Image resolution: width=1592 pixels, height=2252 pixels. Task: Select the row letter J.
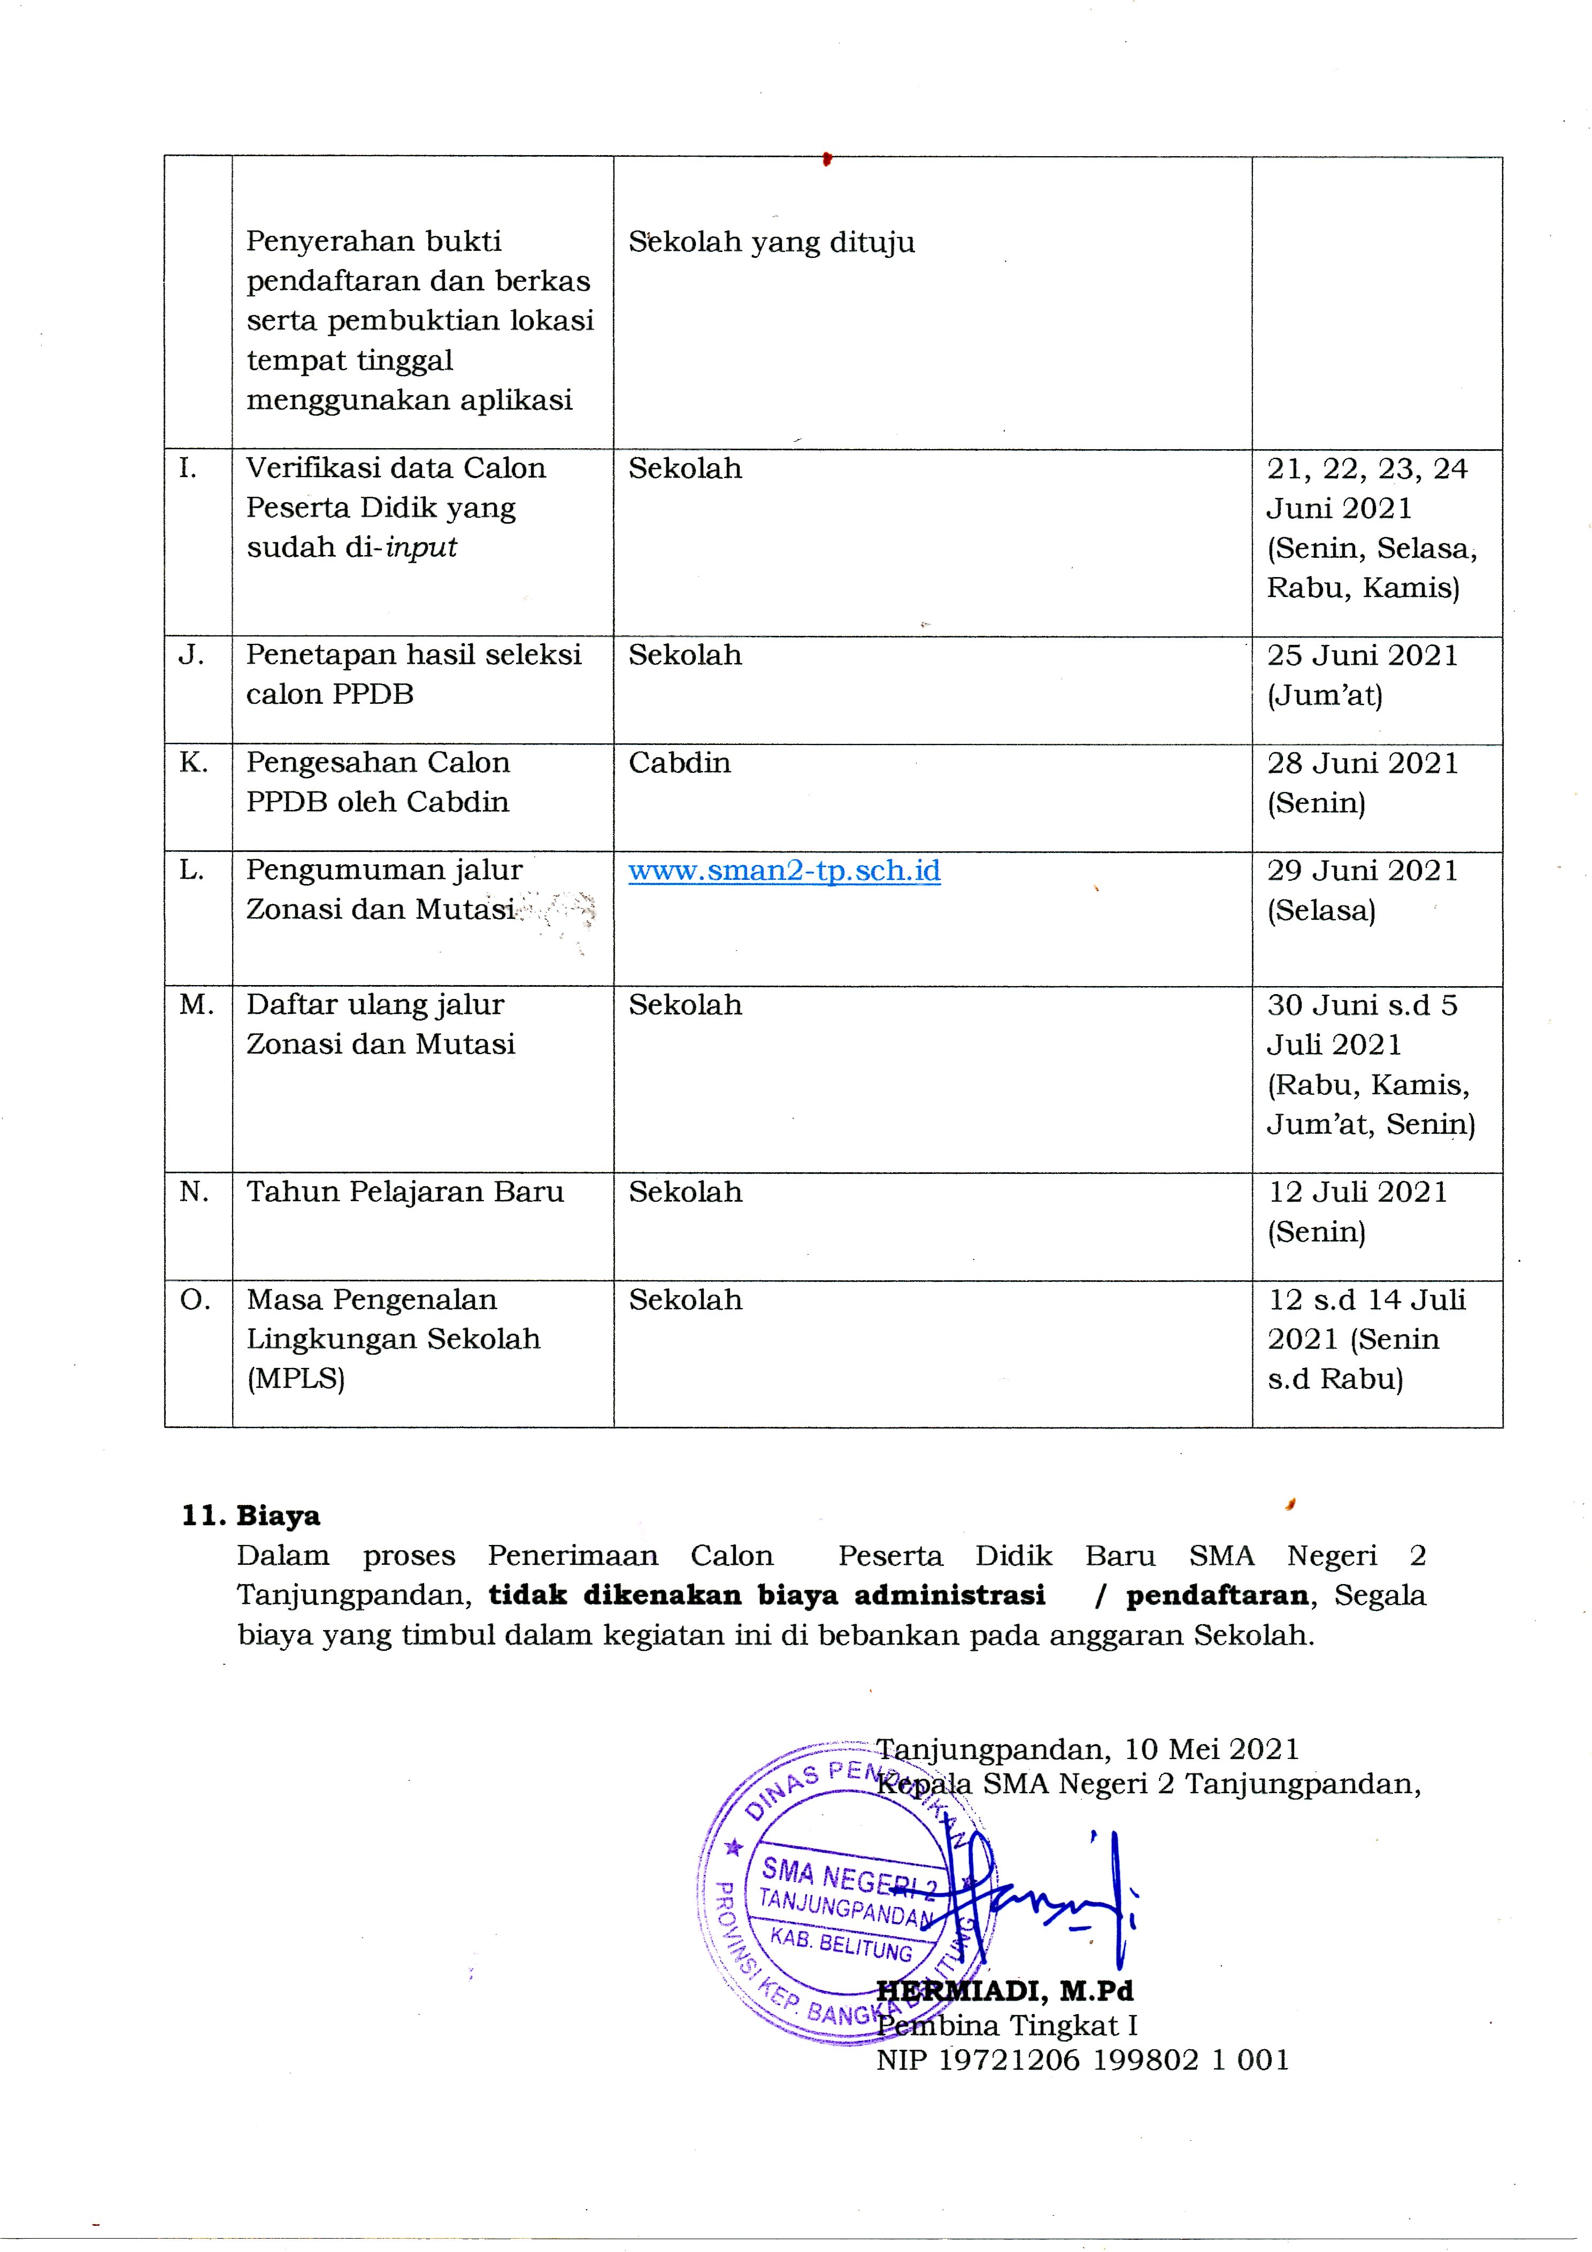[191, 655]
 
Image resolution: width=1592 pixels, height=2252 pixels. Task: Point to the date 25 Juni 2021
[1362, 655]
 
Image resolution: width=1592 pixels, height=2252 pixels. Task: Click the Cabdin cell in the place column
[679, 763]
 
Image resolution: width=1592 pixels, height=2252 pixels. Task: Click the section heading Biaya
[278, 1516]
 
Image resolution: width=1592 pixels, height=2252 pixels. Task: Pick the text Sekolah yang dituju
[771, 242]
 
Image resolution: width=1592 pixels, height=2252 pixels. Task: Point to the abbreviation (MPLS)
[295, 1379]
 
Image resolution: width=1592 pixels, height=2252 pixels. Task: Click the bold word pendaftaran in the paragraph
[1216, 1595]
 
